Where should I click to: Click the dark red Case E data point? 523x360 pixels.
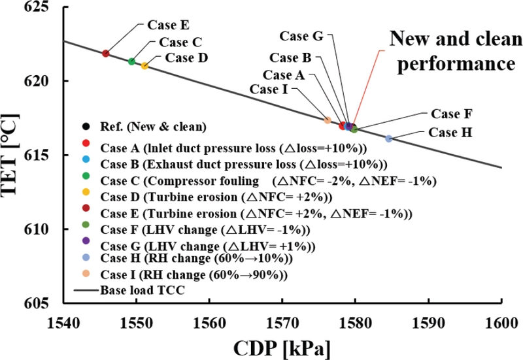pyautogui.click(x=105, y=53)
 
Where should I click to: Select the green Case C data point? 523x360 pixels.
pyautogui.click(x=131, y=61)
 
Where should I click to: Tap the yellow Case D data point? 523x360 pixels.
pyautogui.click(x=144, y=65)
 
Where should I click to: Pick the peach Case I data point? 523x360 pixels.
pyautogui.click(x=328, y=120)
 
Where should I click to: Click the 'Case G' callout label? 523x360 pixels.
pyautogui.click(x=301, y=35)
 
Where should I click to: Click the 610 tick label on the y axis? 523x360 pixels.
pyautogui.click(x=43, y=229)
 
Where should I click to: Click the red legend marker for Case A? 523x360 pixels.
pyautogui.click(x=86, y=143)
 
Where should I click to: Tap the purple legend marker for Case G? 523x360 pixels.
pyautogui.click(x=86, y=245)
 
